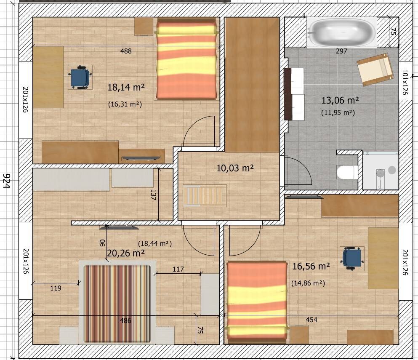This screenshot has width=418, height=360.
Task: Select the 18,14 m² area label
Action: (x=126, y=87)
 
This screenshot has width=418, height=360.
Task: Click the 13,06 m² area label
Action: (x=340, y=101)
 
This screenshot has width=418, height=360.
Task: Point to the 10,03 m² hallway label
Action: (x=235, y=168)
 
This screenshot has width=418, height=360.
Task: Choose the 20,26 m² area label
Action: (x=126, y=253)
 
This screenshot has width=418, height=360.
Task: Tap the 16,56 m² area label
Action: (x=311, y=266)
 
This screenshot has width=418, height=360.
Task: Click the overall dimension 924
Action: (x=6, y=181)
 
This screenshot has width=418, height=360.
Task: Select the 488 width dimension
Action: (x=126, y=51)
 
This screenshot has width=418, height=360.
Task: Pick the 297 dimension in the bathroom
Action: (x=341, y=51)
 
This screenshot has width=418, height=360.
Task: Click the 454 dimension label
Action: (x=312, y=320)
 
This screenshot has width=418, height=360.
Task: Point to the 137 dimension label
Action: (x=153, y=195)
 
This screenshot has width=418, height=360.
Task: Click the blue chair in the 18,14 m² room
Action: (x=80, y=77)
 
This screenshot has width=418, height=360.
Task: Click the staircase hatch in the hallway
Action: (x=205, y=196)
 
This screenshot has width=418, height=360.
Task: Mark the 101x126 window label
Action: (x=405, y=82)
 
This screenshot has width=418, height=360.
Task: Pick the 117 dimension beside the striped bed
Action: (x=178, y=269)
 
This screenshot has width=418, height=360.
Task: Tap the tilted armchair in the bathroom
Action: (x=375, y=69)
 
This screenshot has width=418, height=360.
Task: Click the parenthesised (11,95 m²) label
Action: (x=338, y=112)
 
